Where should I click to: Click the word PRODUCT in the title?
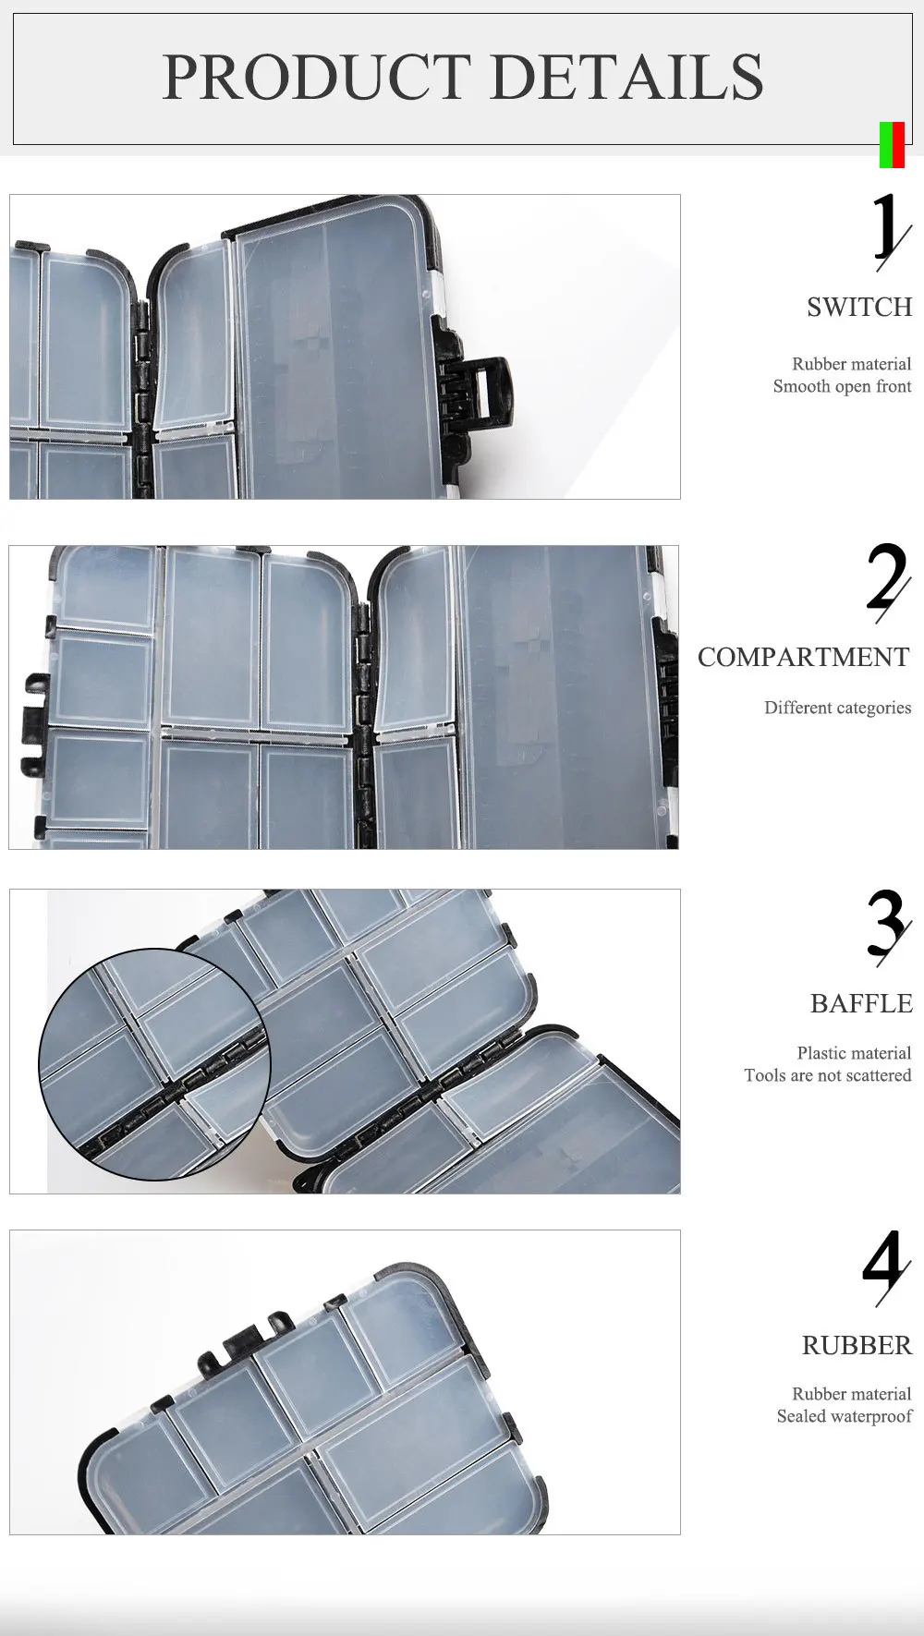point(317,77)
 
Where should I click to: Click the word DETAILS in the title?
point(627,77)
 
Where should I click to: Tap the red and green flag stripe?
point(892,145)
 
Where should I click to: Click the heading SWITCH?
point(859,307)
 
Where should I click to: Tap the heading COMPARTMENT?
point(804,657)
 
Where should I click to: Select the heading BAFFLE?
point(861,1003)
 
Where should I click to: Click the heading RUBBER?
point(857,1345)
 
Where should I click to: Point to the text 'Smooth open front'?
point(843,386)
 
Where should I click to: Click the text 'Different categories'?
point(838,708)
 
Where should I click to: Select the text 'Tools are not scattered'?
point(828,1075)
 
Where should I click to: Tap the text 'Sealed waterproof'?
point(845,1416)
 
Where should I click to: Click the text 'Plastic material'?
point(854,1053)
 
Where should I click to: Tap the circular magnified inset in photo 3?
point(154,1064)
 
